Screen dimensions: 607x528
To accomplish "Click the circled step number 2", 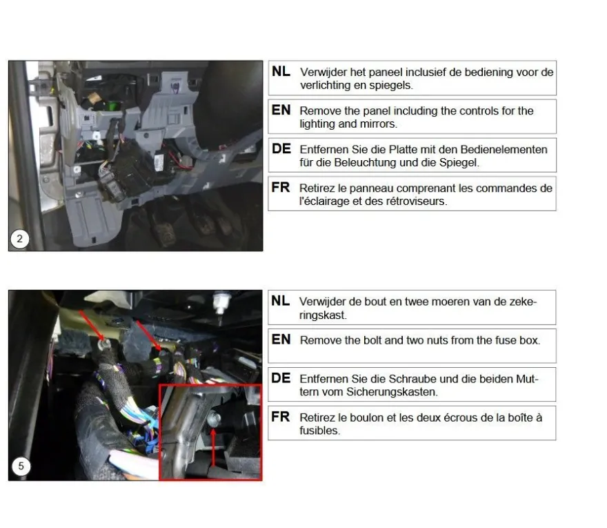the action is pos(20,239).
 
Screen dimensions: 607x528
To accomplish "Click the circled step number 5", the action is pos(21,466).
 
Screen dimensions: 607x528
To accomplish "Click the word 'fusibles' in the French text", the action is pos(319,431).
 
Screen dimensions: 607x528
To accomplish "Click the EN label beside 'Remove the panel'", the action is pos(281,110).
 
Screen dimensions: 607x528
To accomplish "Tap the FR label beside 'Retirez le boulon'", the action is pos(281,417).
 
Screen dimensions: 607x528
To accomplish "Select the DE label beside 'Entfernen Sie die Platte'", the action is pos(281,149).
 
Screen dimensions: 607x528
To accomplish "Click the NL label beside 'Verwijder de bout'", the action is pos(281,301).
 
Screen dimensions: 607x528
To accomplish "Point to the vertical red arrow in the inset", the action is pos(213,447).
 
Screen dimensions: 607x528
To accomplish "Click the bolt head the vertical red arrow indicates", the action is pos(214,419).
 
